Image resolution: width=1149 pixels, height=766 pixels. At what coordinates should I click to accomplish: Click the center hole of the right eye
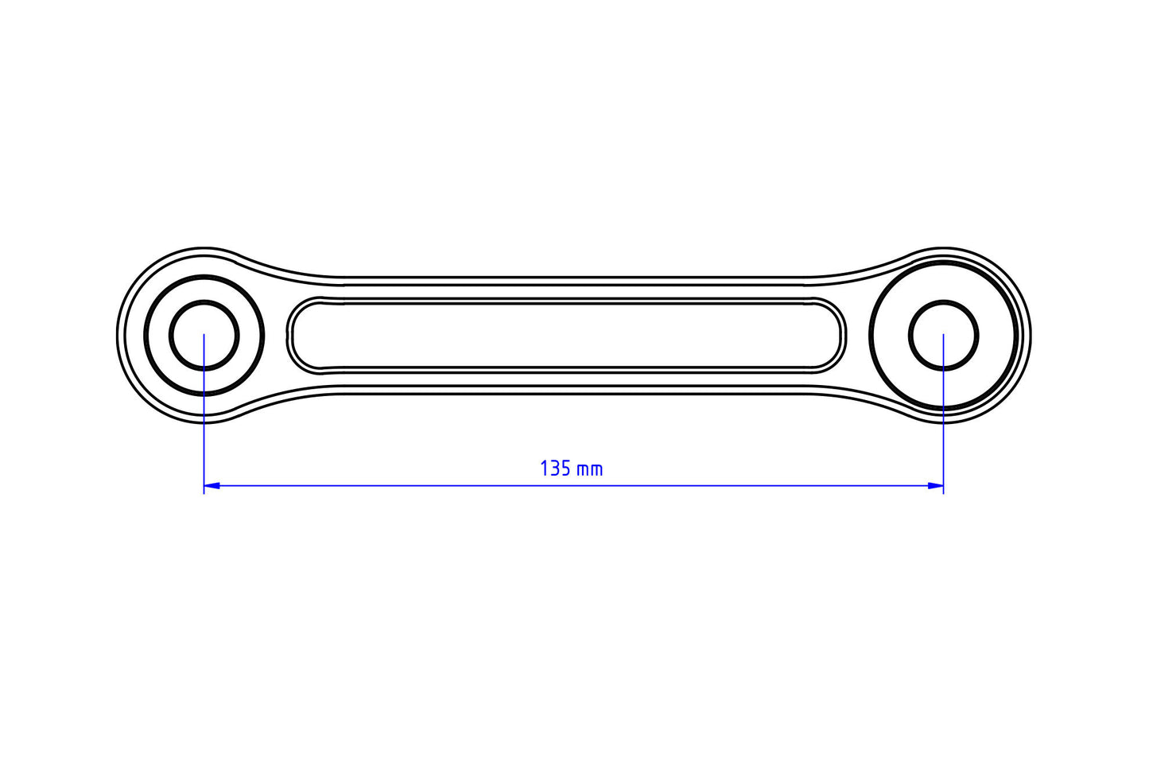[x=944, y=335]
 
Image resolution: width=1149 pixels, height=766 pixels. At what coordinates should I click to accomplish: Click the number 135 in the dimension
[x=555, y=469]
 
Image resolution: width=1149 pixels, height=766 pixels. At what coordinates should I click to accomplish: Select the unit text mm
[x=589, y=469]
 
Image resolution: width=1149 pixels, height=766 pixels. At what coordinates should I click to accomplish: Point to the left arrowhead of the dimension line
[x=212, y=484]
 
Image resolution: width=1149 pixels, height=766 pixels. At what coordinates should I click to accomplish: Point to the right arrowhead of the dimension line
[x=936, y=484]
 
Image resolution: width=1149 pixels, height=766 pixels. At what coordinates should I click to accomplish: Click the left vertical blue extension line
[x=204, y=437]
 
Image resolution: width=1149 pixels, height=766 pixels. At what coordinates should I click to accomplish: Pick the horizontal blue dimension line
[x=573, y=484]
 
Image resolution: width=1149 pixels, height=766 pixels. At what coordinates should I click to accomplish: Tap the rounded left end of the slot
[x=292, y=335]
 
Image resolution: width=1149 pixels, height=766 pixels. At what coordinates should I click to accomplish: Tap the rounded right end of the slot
[x=841, y=335]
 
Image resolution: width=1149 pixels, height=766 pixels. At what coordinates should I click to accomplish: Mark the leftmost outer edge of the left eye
[x=118, y=335]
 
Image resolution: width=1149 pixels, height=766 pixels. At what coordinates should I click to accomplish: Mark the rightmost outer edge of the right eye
[x=1031, y=335]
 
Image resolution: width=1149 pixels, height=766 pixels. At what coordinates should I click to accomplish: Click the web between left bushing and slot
[x=275, y=335]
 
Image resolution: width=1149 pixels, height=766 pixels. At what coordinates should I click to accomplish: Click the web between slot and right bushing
[x=857, y=335]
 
